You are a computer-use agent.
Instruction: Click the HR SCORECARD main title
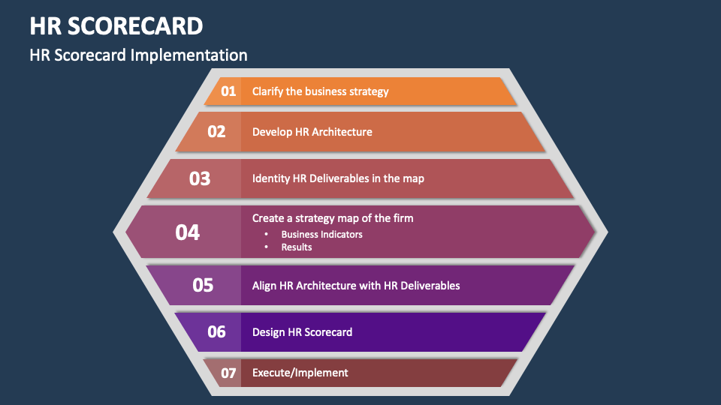[x=116, y=25]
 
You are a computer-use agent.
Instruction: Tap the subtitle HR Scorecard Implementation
[x=138, y=55]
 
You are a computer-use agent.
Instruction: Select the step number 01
[x=228, y=91]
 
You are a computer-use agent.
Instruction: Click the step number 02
[x=216, y=132]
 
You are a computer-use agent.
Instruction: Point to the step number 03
[x=200, y=178]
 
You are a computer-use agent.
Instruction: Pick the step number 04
[x=188, y=232]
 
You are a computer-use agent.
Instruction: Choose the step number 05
[x=203, y=285]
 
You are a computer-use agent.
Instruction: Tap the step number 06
[x=216, y=331]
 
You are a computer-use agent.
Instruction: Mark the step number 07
[x=228, y=373]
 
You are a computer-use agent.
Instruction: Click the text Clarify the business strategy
[x=320, y=91]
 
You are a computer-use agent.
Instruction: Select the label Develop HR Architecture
[x=312, y=132]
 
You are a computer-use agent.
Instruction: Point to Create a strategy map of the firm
[x=333, y=218]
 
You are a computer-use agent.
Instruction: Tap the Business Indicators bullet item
[x=321, y=234]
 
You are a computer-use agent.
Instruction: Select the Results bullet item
[x=297, y=247]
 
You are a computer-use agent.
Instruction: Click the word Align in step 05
[x=264, y=285]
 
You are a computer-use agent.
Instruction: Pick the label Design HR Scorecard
[x=302, y=331]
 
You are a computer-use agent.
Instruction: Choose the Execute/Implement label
[x=300, y=373]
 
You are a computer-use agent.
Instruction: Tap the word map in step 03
[x=413, y=178]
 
